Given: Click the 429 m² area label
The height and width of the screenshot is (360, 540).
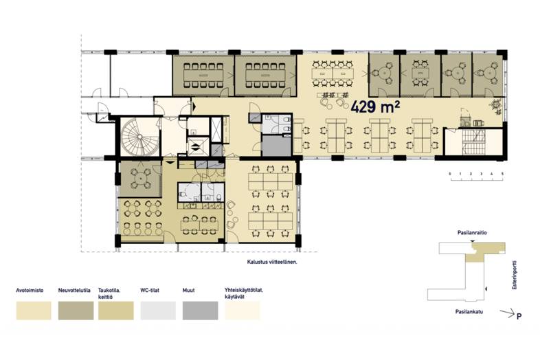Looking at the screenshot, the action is (x=375, y=107).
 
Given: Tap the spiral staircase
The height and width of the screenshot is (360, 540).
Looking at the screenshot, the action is (x=139, y=137).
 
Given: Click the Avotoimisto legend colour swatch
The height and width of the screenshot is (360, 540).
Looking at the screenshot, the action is (x=34, y=311).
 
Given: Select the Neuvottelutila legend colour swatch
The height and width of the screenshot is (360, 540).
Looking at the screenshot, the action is (x=76, y=311).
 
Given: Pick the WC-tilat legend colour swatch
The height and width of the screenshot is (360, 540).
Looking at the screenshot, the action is (x=158, y=311).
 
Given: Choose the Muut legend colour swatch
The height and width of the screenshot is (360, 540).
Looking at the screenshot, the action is (x=200, y=311).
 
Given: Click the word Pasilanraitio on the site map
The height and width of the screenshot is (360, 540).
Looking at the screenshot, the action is (x=472, y=233).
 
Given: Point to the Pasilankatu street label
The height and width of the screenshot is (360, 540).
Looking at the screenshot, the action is (x=469, y=312).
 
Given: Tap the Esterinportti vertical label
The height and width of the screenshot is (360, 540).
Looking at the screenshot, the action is (x=515, y=275).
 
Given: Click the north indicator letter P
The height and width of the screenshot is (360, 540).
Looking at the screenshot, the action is (x=519, y=316).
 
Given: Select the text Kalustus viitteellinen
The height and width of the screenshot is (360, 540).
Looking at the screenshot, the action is (x=272, y=262).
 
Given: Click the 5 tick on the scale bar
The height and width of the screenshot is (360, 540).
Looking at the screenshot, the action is (x=502, y=174).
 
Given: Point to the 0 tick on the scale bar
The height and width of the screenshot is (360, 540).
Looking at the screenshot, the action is (x=450, y=174).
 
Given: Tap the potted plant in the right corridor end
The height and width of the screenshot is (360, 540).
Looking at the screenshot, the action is (x=497, y=105).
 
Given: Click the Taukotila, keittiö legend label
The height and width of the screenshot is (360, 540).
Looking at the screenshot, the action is (x=109, y=293).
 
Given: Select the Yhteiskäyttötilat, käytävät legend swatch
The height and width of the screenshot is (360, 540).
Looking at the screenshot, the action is (x=242, y=311).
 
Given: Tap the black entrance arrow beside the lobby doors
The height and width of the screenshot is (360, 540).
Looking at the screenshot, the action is (x=194, y=106).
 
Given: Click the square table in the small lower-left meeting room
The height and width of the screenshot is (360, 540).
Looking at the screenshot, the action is (x=141, y=178).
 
